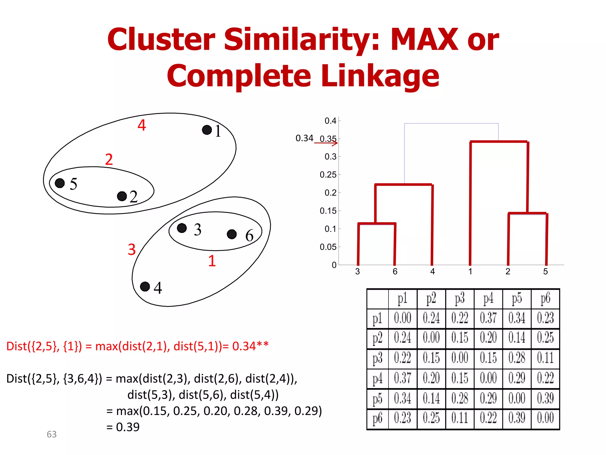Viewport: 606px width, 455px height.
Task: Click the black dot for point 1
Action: point(207,130)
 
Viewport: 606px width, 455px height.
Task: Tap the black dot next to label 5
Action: point(60,183)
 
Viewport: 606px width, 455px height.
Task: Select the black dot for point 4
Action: point(145,286)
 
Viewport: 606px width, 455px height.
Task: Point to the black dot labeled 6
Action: point(232,234)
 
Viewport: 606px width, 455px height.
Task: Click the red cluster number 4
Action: point(142,125)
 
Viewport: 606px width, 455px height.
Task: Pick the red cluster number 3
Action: point(132,249)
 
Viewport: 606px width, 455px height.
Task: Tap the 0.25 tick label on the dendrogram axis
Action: point(328,175)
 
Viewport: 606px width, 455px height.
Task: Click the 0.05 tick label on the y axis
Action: point(328,247)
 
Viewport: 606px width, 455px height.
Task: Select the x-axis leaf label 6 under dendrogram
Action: point(395,271)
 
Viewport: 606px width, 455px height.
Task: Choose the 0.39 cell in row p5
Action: point(545,398)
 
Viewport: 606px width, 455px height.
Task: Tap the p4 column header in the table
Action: point(488,299)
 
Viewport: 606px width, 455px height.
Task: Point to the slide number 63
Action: point(52,434)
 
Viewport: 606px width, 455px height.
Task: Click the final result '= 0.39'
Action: point(123,427)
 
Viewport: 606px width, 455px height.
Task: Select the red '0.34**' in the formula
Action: point(250,346)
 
